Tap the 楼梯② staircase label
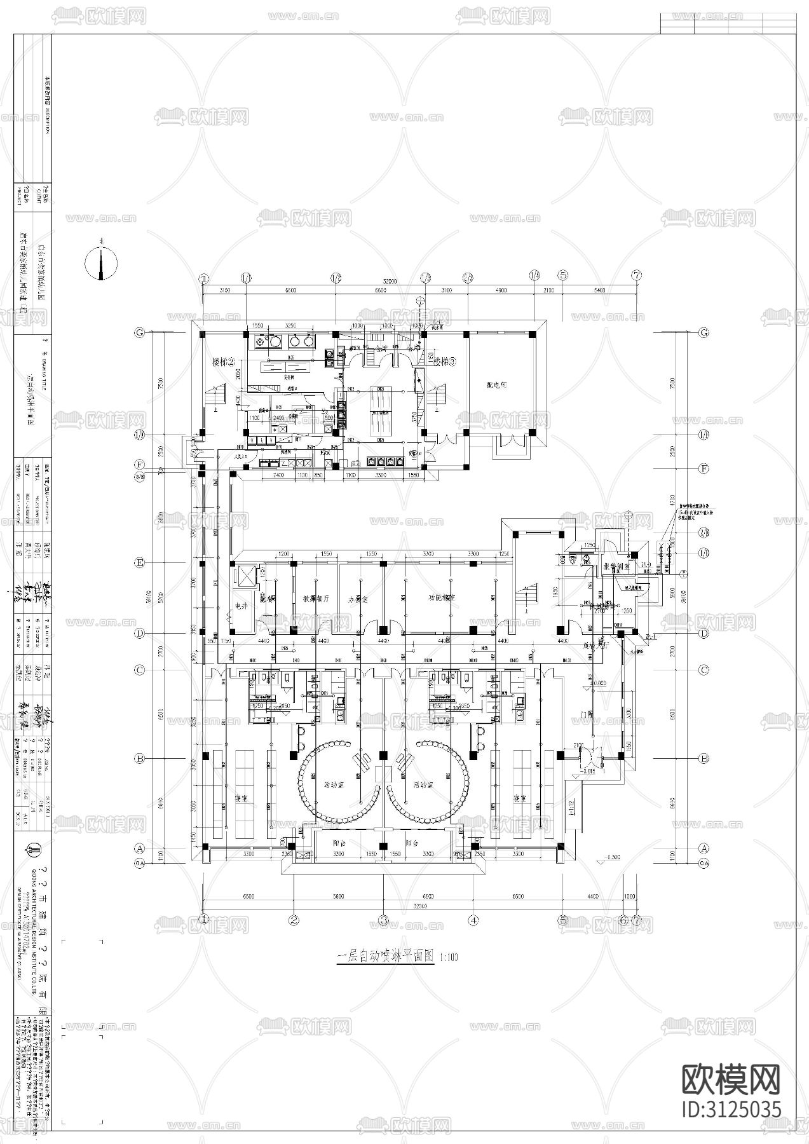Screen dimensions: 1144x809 (x=224, y=362)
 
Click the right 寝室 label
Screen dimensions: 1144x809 (x=519, y=798)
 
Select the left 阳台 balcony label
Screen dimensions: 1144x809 (x=339, y=842)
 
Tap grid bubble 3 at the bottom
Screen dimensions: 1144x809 (x=383, y=919)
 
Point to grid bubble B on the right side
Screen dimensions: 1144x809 (x=704, y=758)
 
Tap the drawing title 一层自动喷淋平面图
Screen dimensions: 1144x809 (x=385, y=955)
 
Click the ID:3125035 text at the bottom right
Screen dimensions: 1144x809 (x=731, y=1109)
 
